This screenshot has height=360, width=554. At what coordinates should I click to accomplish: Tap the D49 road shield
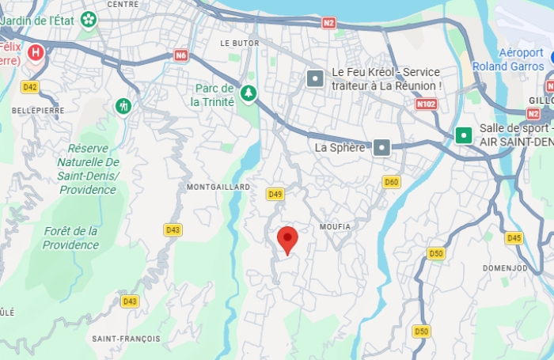tap(275, 194)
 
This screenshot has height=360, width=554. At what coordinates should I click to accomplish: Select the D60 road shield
tap(391, 182)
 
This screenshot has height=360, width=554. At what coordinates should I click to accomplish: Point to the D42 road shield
tap(30, 87)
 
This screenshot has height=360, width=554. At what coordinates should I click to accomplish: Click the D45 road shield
tap(514, 237)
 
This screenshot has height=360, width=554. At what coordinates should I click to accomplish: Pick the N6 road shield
tap(181, 55)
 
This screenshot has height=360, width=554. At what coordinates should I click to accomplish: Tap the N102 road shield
tap(426, 104)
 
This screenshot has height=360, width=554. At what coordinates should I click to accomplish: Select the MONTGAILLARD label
tap(218, 188)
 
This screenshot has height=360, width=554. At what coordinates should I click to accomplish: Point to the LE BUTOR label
tap(240, 43)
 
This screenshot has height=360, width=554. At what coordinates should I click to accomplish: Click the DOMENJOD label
tap(505, 267)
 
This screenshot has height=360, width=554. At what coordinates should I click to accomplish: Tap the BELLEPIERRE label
tap(38, 110)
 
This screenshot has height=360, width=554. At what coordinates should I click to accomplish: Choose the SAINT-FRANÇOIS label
tap(126, 339)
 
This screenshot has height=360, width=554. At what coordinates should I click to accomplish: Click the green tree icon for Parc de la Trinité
tap(249, 93)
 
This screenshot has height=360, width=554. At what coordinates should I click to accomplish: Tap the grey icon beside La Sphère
tap(382, 147)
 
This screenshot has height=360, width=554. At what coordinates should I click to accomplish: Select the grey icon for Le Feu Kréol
tap(315, 78)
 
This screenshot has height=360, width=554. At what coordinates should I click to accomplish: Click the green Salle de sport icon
tap(463, 135)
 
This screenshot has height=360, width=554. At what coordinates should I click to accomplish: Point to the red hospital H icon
tap(36, 53)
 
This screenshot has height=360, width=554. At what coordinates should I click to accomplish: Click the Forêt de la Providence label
tap(70, 237)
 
